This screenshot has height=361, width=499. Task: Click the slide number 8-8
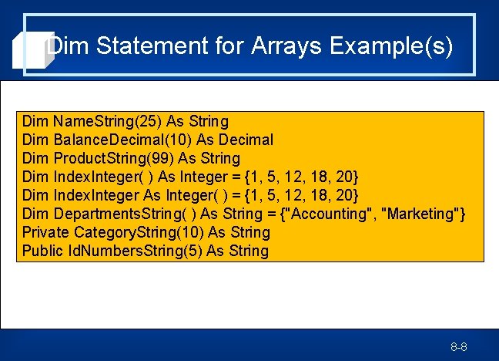pyautogui.click(x=459, y=348)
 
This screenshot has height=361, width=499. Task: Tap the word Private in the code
pyautogui.click(x=46, y=232)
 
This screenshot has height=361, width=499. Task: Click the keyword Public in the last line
pyautogui.click(x=43, y=251)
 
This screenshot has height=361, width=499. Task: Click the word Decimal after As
pyautogui.click(x=245, y=140)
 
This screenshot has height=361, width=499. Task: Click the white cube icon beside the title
pyautogui.click(x=31, y=51)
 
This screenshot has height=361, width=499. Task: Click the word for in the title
pyautogui.click(x=226, y=46)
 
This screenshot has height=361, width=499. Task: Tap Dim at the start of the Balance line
pyautogui.click(x=36, y=140)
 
